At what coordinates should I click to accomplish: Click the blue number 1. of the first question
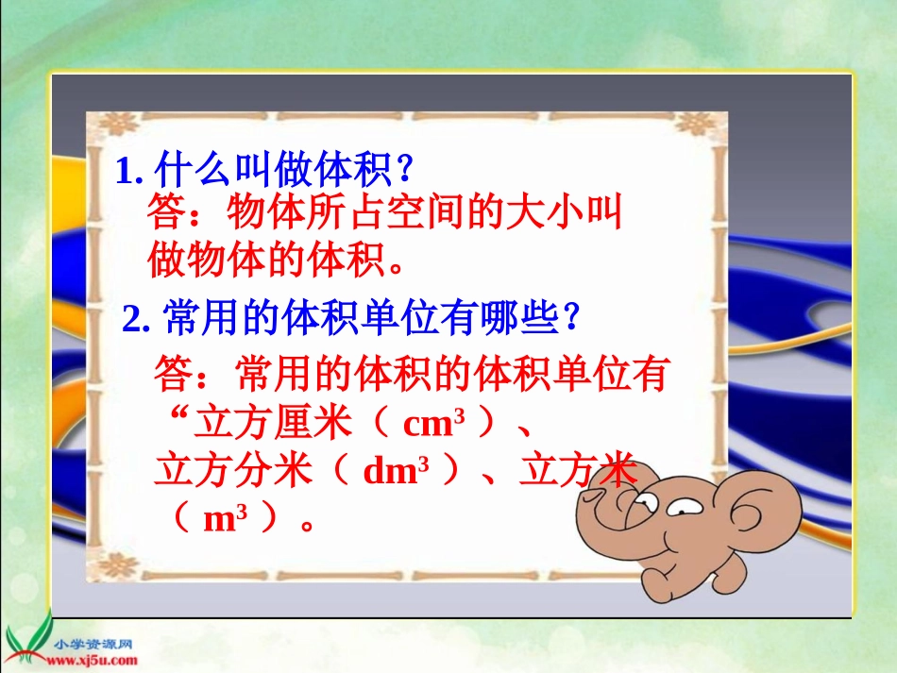[129, 171]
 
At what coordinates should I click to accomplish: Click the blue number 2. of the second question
[136, 318]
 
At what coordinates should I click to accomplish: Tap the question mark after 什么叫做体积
[404, 169]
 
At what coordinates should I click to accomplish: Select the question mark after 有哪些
[571, 317]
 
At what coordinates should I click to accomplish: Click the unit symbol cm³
[434, 423]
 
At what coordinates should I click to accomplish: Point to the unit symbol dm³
[396, 471]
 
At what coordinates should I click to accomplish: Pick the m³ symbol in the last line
[226, 518]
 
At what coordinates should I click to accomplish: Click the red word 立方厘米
[273, 423]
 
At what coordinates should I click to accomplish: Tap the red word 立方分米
[233, 471]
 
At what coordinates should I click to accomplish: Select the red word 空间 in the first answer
[425, 211]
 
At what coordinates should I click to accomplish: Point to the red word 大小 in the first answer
[545, 211]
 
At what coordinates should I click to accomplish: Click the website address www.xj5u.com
[93, 661]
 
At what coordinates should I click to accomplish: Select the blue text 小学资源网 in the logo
[93, 645]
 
